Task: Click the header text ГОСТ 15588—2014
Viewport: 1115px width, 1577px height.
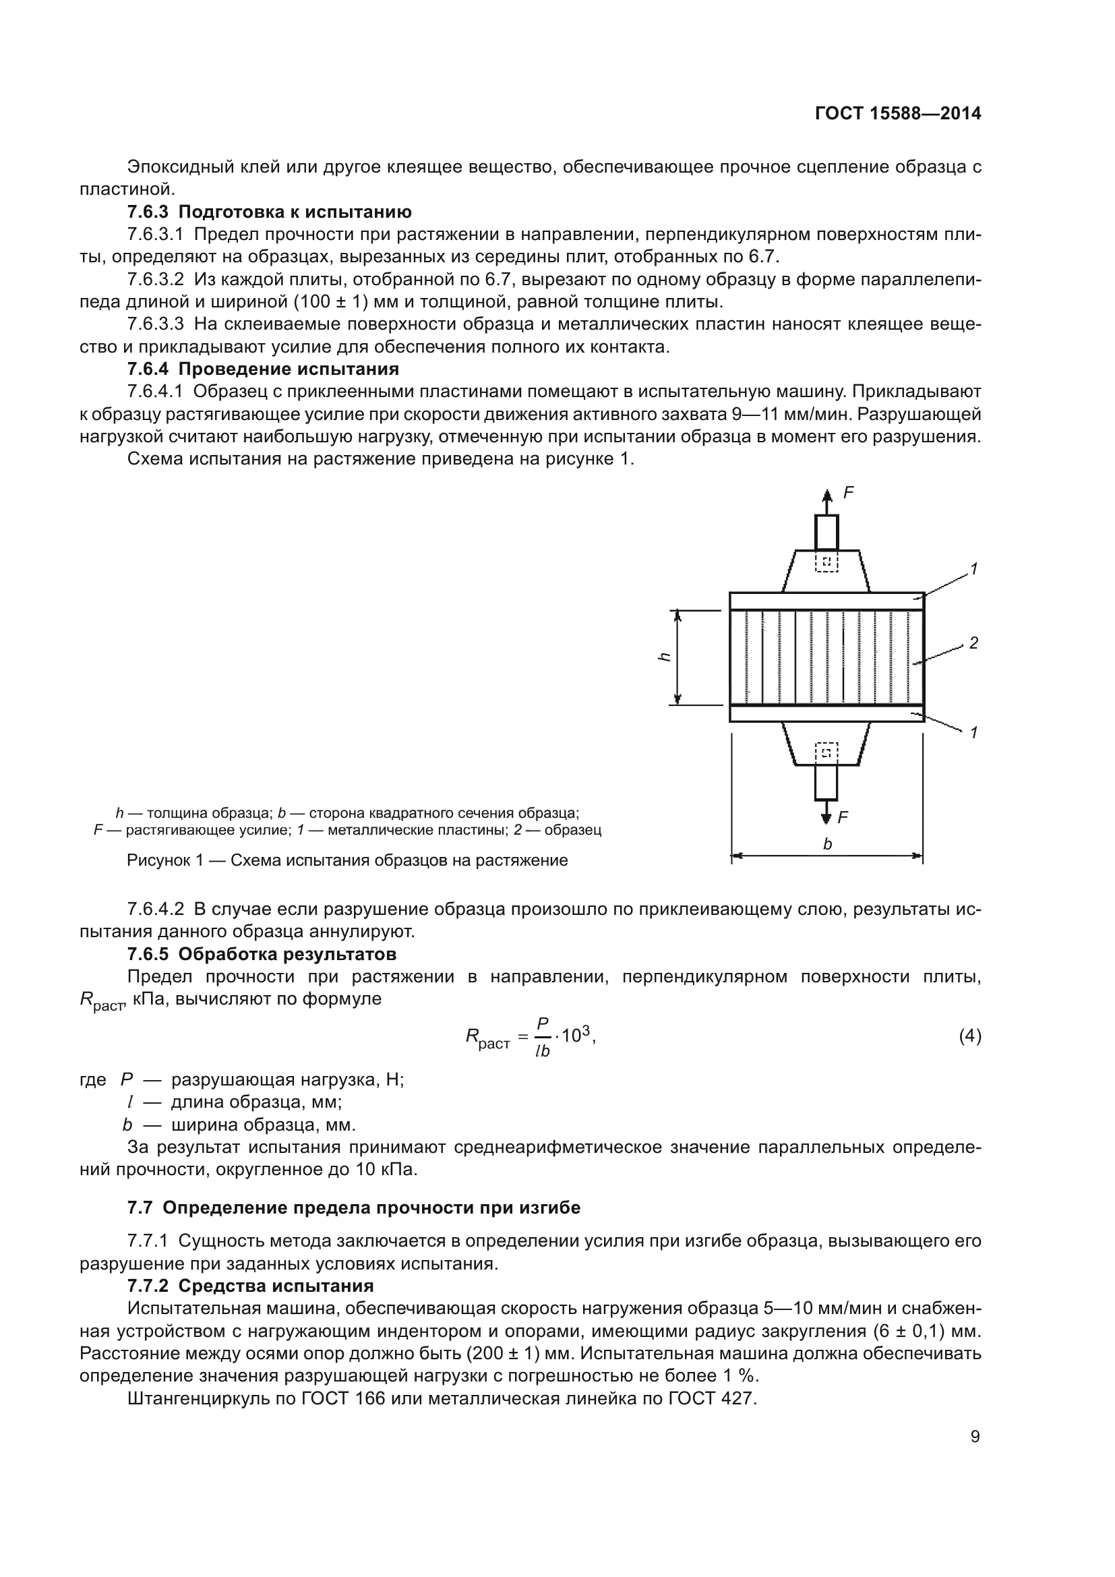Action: click(x=897, y=113)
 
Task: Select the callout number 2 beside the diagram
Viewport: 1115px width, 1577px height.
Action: click(x=973, y=643)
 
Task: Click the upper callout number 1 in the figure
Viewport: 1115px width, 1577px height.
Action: click(x=973, y=569)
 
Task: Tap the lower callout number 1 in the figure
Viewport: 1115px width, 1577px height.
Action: click(x=973, y=733)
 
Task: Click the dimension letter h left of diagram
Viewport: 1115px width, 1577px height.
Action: click(x=664, y=657)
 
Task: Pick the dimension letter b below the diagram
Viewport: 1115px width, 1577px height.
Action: click(x=827, y=844)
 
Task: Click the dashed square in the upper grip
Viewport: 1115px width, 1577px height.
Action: click(x=826, y=562)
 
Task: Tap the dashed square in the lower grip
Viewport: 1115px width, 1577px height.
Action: click(x=826, y=753)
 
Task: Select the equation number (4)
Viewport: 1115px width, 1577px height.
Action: click(x=969, y=1036)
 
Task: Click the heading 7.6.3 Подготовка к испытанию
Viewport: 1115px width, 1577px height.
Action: click(x=269, y=212)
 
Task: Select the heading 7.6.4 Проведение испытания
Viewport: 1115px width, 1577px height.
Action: click(x=263, y=369)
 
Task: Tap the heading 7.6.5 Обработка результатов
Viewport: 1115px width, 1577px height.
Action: click(x=262, y=954)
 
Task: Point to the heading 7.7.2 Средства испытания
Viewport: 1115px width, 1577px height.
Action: click(x=250, y=1286)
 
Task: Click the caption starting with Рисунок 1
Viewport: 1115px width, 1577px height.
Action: click(x=346, y=860)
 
